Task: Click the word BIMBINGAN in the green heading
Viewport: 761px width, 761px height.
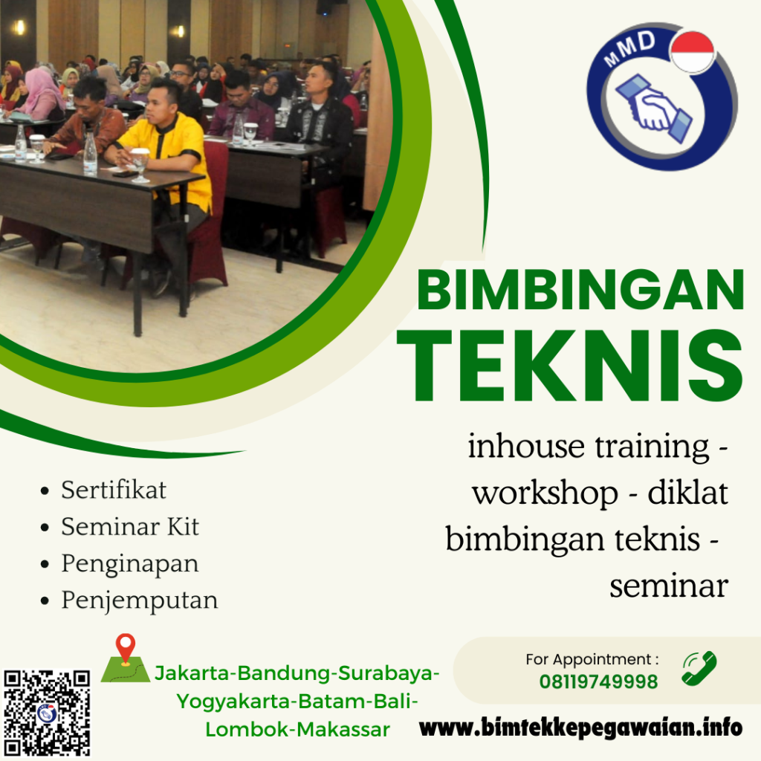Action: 580,291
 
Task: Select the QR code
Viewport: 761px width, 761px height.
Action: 47,712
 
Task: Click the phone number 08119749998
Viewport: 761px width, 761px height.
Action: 598,681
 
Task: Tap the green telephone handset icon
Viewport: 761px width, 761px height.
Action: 699,668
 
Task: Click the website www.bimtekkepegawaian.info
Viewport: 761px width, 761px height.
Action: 580,726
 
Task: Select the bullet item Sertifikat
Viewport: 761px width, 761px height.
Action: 114,490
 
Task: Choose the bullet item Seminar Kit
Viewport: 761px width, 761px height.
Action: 130,527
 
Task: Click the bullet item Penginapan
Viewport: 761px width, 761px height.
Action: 130,563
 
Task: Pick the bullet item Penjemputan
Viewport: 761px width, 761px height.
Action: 140,600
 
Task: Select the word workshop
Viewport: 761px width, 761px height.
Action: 545,493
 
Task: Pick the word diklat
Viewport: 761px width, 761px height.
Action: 688,493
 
